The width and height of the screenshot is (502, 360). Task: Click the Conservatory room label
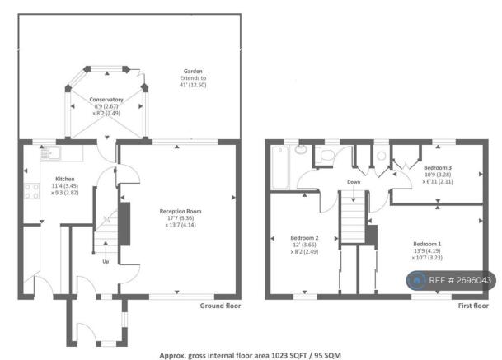[106, 100]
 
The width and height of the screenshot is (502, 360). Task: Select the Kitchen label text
[65, 178]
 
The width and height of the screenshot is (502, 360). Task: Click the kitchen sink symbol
[49, 152]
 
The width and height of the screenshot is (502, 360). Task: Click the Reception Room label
[181, 211]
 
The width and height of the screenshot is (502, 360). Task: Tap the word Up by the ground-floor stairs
[105, 263]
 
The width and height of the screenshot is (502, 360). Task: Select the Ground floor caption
[220, 306]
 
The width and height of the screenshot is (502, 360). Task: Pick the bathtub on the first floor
[277, 166]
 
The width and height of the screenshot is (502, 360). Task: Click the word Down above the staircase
[354, 181]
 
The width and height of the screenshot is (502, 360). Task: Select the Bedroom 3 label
[437, 167]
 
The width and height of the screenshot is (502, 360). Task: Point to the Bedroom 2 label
[304, 237]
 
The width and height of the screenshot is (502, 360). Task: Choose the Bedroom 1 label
[427, 245]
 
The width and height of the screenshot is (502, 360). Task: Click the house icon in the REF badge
[418, 281]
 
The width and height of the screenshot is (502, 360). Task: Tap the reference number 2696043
[475, 281]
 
